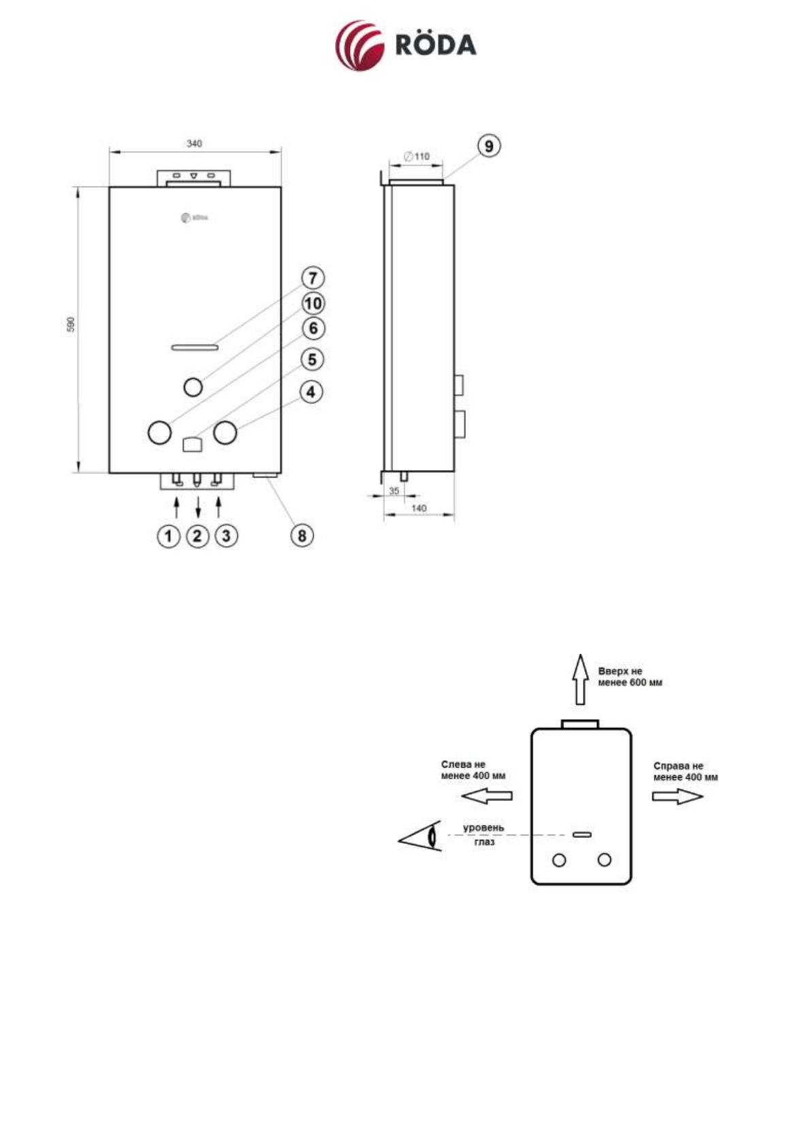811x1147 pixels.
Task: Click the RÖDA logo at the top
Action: pos(405,46)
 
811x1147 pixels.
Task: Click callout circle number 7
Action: pos(313,278)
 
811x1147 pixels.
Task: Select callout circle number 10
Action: pos(313,303)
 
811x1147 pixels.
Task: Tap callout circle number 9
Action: pos(489,146)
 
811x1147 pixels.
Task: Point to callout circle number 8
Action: pos(302,535)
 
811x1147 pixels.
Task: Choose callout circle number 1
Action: pos(168,536)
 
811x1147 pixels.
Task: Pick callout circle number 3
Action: pos(226,536)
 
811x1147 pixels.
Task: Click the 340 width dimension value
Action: pos(194,144)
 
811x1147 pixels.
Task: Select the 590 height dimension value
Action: pos(71,324)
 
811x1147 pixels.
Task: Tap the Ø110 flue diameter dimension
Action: pos(417,157)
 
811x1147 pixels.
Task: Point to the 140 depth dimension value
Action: pos(419,508)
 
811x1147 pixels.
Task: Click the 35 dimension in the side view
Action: pos(394,491)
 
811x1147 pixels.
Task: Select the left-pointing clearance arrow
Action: pos(486,796)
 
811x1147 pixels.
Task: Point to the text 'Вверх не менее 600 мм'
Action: pos(629,676)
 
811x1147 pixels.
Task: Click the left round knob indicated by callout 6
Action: pos(159,433)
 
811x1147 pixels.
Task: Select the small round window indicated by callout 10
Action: pos(193,387)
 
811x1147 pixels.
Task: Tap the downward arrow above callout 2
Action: pos(198,507)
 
